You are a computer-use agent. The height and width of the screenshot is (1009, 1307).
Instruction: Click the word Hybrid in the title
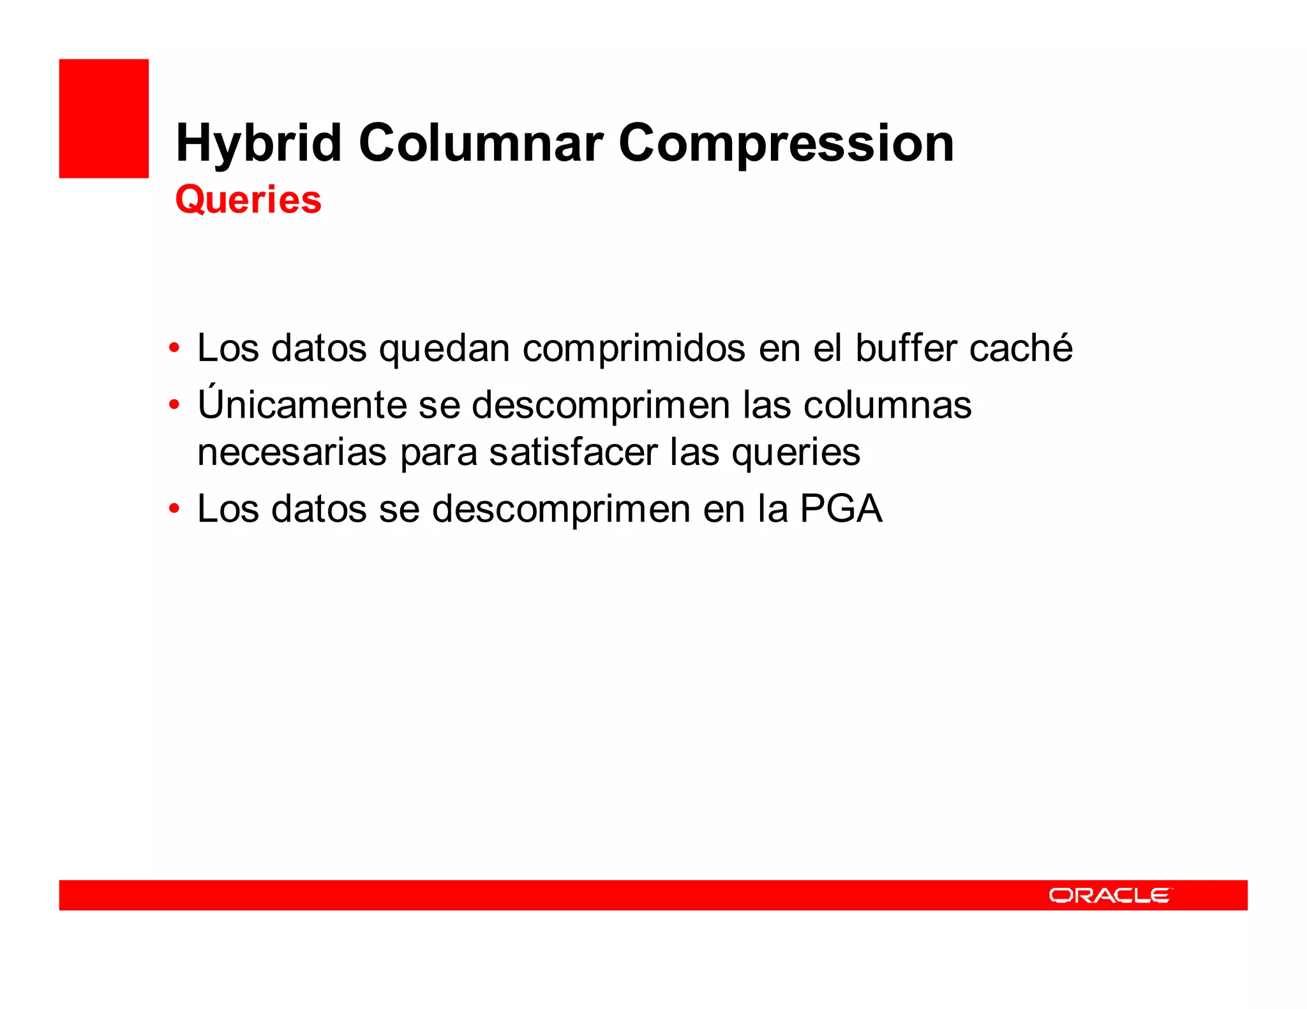click(x=258, y=144)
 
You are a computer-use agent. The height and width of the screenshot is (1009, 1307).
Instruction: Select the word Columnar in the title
click(x=481, y=143)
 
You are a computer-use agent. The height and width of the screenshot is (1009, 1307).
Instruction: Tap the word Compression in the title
click(x=786, y=144)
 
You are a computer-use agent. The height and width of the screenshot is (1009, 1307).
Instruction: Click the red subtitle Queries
click(x=248, y=200)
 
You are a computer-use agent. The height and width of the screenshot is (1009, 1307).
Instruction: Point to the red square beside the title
click(x=104, y=119)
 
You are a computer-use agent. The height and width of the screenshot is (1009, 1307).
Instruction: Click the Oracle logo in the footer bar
click(x=1110, y=895)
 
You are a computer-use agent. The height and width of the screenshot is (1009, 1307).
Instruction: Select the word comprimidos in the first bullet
click(x=634, y=349)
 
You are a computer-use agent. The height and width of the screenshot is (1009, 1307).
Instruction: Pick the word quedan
click(x=444, y=349)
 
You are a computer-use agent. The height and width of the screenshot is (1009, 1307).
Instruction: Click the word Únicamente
click(x=302, y=404)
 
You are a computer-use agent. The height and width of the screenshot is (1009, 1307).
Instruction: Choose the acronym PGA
click(x=841, y=509)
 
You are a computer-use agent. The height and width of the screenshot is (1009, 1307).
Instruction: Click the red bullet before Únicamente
click(x=174, y=405)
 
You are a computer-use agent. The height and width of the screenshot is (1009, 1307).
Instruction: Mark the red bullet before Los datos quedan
click(x=174, y=349)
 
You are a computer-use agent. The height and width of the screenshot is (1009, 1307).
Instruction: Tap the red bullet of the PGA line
click(x=174, y=509)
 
